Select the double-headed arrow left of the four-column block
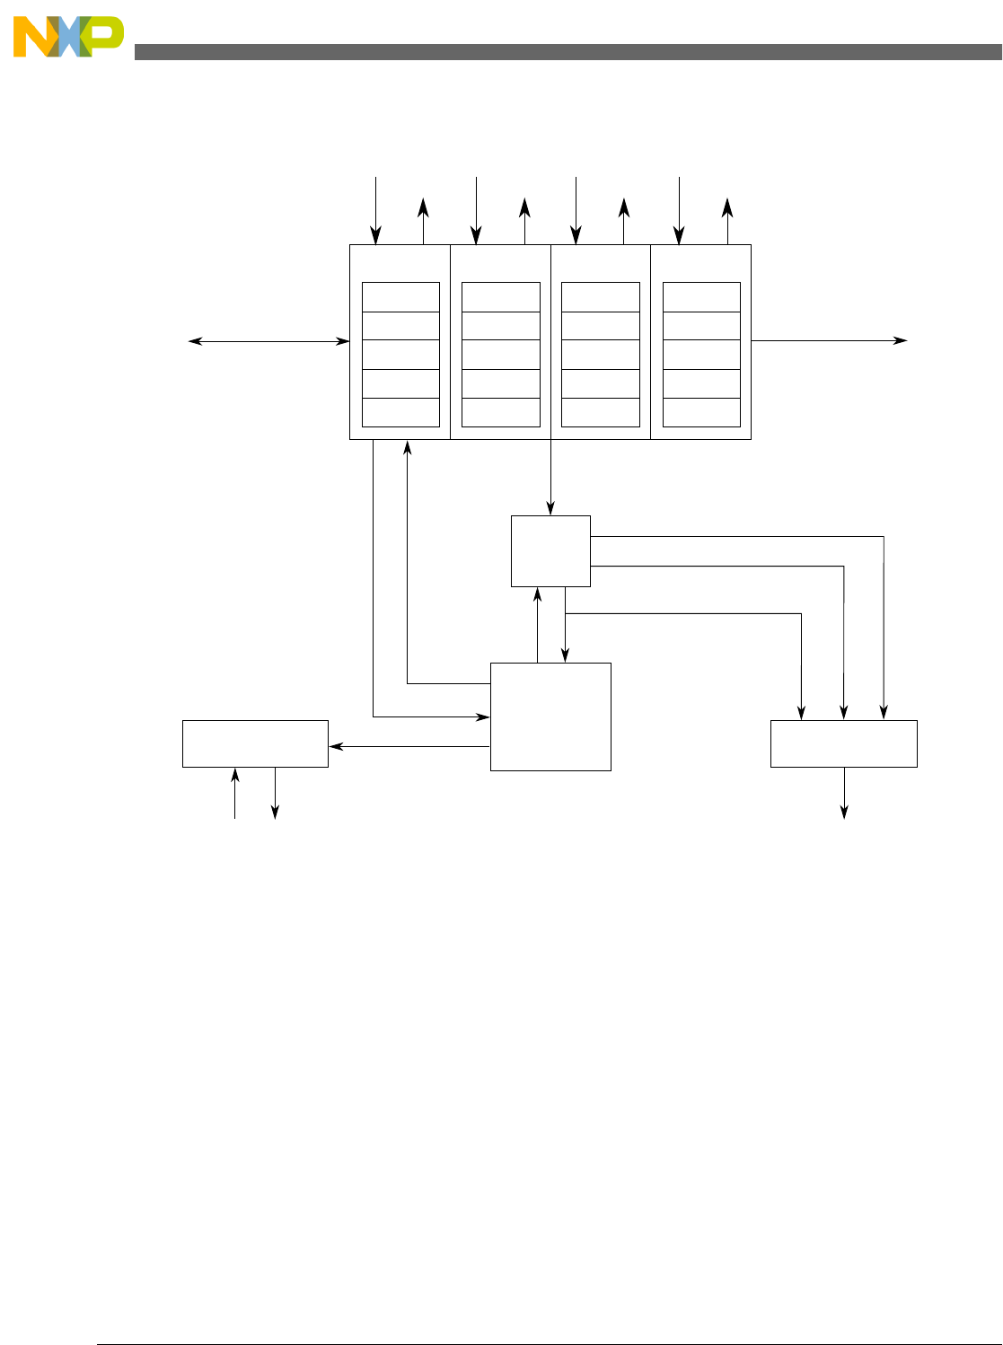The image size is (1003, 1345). [268, 341]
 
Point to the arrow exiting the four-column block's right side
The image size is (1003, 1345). [828, 341]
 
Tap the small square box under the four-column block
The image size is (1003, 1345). [550, 550]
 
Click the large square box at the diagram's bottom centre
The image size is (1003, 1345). [550, 716]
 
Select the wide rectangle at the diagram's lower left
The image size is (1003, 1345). [255, 743]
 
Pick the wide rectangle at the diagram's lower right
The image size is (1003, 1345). [844, 743]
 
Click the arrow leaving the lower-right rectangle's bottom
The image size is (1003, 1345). [844, 793]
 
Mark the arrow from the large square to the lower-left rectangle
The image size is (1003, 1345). [409, 746]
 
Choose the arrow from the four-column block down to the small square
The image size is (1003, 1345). [550, 477]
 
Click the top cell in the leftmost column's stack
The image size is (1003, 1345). [400, 297]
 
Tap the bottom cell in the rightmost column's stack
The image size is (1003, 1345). [701, 412]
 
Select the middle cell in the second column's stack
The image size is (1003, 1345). [501, 355]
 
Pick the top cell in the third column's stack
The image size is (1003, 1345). [601, 297]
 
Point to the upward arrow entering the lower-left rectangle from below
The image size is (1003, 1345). [235, 793]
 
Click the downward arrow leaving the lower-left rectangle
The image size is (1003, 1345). [275, 793]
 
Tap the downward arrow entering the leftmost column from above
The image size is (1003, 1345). [376, 211]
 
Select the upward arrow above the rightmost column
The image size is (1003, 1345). [727, 221]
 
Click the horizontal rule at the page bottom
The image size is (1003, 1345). [548, 1344]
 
